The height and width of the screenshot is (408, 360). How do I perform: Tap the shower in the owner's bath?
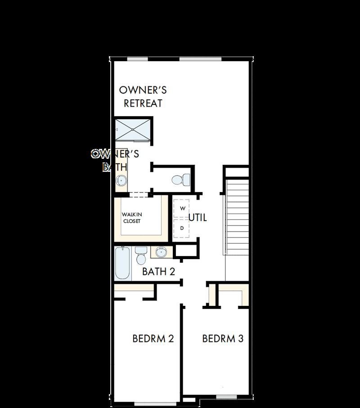tap(133, 130)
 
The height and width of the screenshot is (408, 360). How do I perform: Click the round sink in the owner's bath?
tap(121, 181)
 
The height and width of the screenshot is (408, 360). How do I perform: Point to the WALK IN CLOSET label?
tap(132, 218)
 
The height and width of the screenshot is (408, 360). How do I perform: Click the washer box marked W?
tap(182, 209)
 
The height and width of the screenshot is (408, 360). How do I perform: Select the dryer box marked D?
tap(182, 229)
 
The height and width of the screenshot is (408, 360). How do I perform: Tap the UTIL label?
tap(198, 218)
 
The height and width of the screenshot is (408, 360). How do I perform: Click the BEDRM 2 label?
tap(153, 339)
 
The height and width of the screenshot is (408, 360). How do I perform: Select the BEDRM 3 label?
tap(223, 339)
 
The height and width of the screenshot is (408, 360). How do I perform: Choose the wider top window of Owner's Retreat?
tap(200, 59)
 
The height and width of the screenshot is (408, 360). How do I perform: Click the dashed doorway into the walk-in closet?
tap(139, 194)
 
